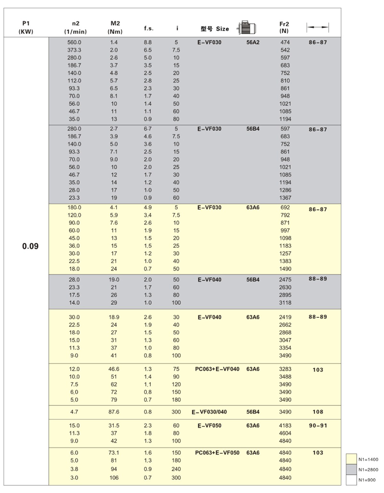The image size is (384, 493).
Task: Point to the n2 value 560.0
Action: tap(74, 42)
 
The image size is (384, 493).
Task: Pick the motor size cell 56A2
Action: tap(253, 42)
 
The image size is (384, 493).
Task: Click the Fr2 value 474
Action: tap(285, 42)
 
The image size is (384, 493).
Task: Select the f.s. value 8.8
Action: tap(148, 42)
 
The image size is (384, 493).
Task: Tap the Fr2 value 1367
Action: tap(285, 198)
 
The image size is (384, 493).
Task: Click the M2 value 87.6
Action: tap(114, 412)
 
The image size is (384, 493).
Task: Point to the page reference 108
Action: tap(318, 412)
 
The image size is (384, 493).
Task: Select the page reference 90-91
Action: tap(318, 425)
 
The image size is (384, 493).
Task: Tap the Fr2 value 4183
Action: tap(285, 425)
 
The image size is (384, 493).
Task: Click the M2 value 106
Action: tap(114, 477)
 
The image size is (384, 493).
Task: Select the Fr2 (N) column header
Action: tap(284, 28)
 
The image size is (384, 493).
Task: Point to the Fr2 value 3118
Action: tap(285, 303)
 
